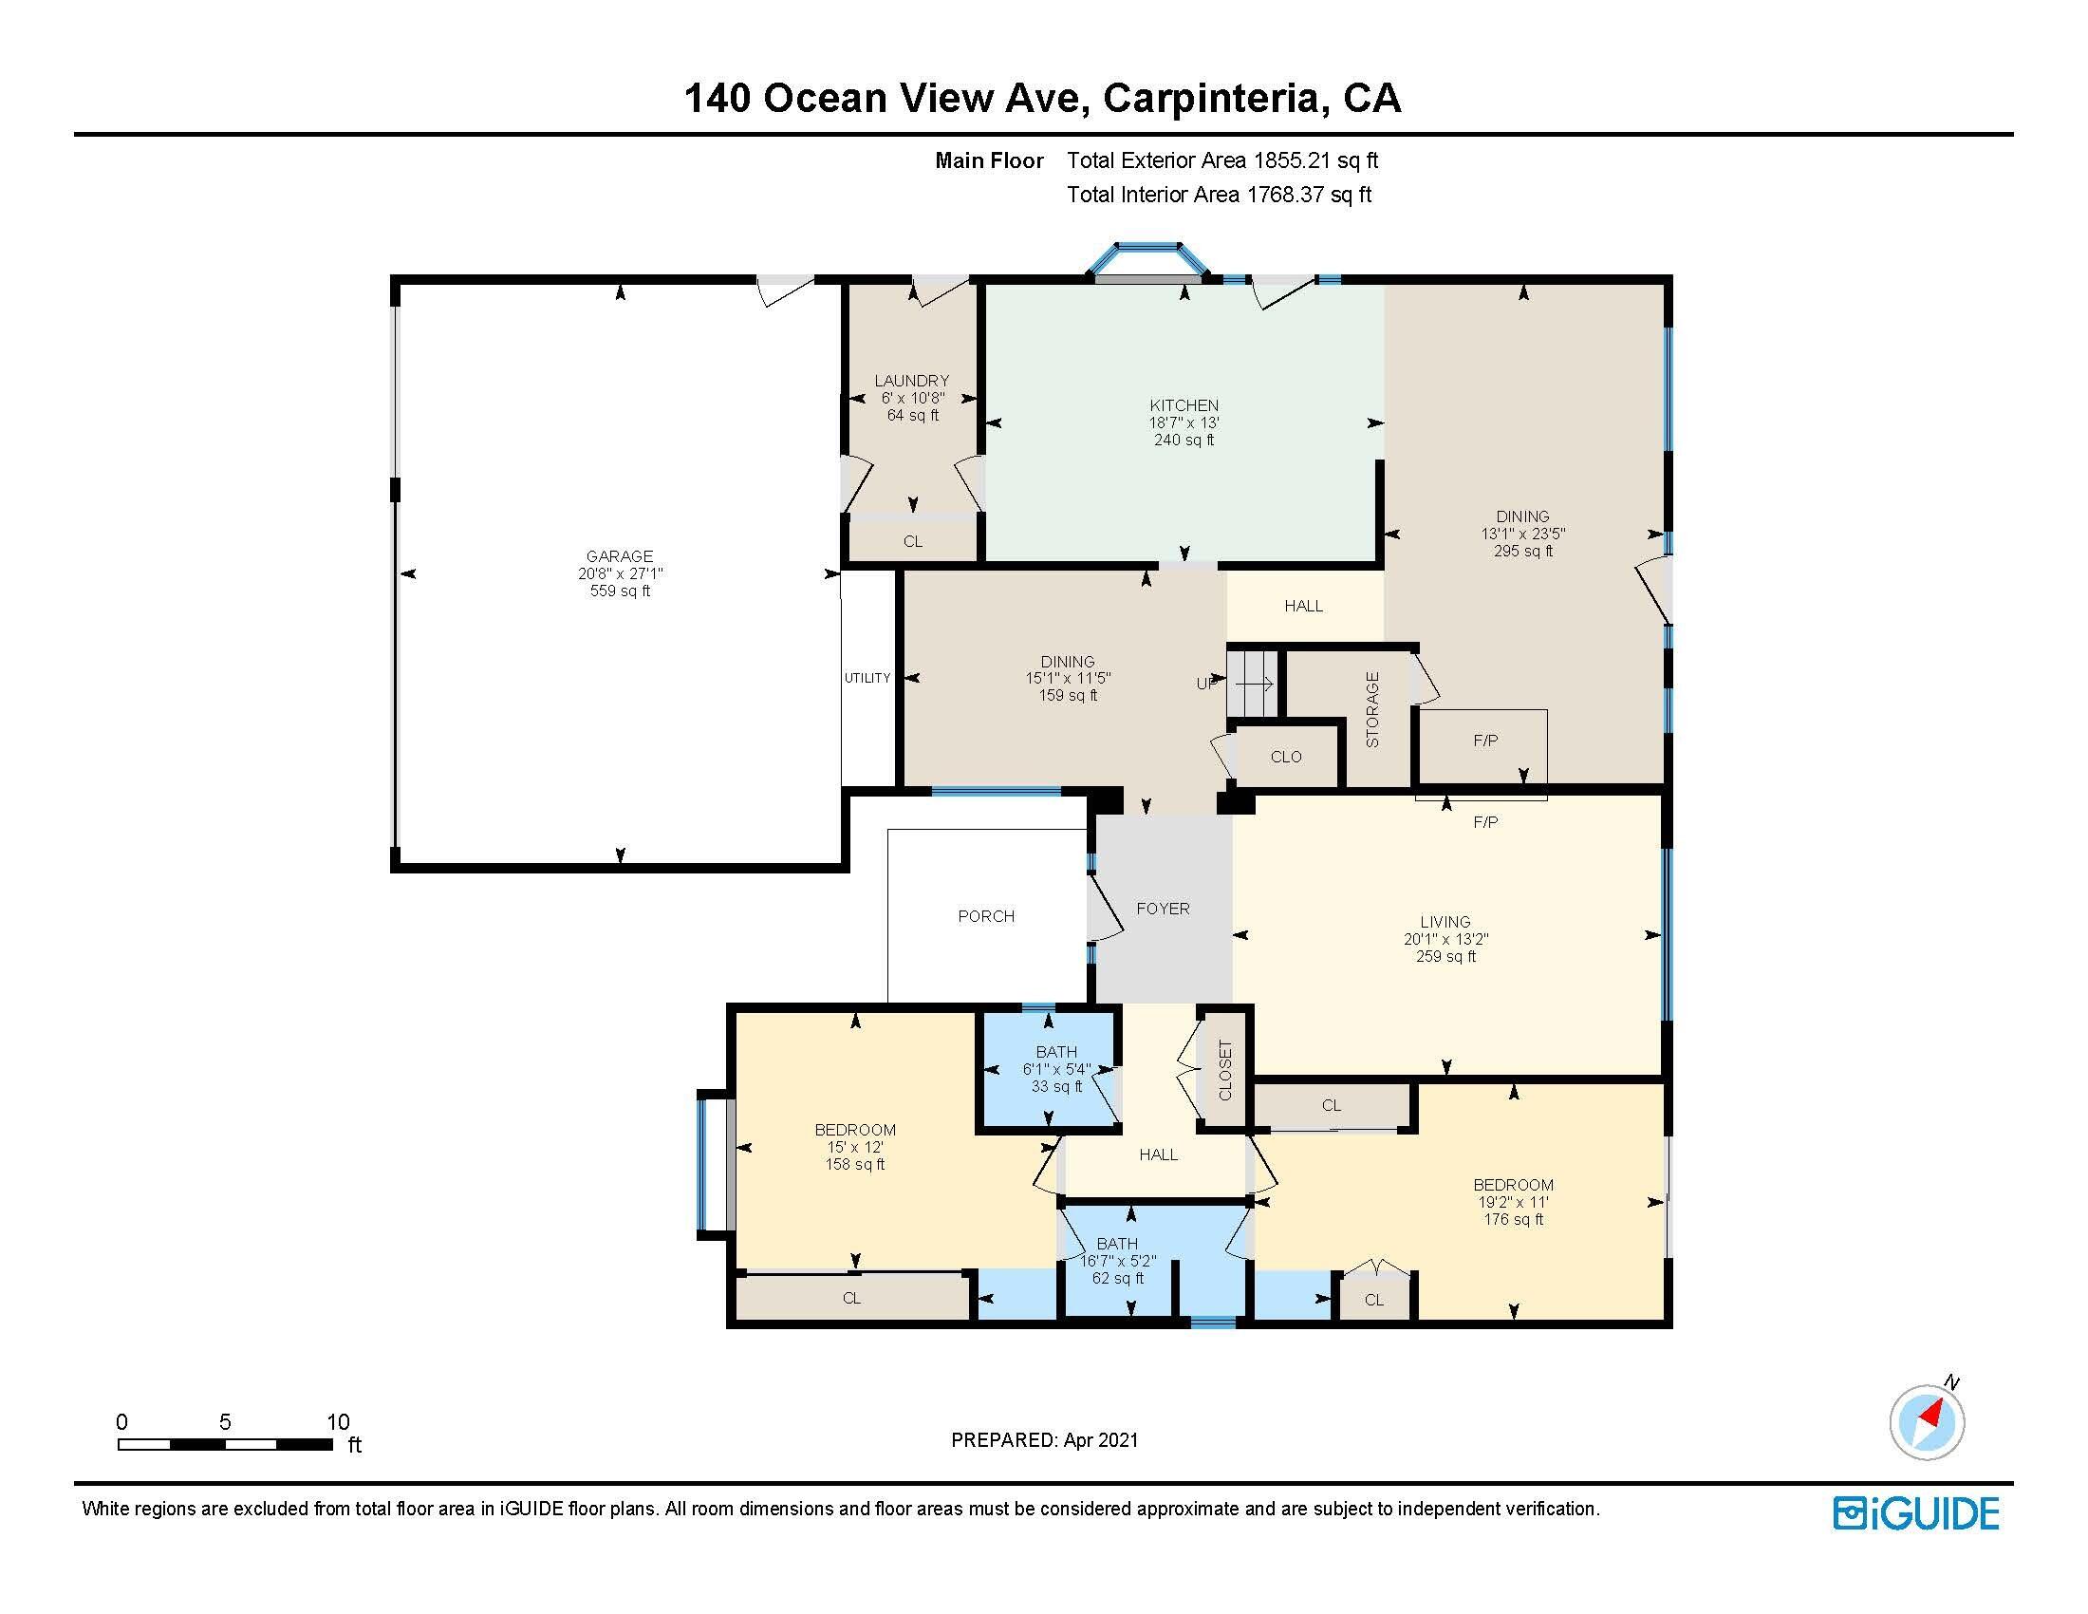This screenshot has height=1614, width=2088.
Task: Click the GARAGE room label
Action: pyautogui.click(x=620, y=556)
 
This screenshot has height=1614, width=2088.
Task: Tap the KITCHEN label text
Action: pyautogui.click(x=1184, y=405)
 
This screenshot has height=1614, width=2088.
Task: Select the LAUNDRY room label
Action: pyautogui.click(x=911, y=381)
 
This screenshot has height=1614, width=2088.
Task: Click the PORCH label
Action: pyautogui.click(x=986, y=916)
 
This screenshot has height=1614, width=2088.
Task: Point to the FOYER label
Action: pyautogui.click(x=1163, y=909)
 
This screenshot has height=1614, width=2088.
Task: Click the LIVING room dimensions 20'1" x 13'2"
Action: pyautogui.click(x=1445, y=939)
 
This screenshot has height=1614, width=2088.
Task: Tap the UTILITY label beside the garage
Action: pyautogui.click(x=867, y=678)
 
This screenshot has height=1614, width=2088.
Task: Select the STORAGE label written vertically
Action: pyautogui.click(x=1373, y=709)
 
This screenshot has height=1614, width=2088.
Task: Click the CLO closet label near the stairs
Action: pyautogui.click(x=1286, y=757)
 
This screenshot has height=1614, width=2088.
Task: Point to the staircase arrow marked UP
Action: pyautogui.click(x=1253, y=684)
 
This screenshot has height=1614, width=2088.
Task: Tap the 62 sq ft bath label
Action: pyautogui.click(x=1118, y=1277)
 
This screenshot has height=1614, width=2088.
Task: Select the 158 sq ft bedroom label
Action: pyautogui.click(x=855, y=1165)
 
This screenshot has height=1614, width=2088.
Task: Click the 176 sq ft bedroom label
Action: pyautogui.click(x=1514, y=1219)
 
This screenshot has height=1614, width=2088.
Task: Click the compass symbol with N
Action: pyautogui.click(x=1927, y=1421)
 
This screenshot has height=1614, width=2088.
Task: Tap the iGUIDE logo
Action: pyautogui.click(x=1916, y=1513)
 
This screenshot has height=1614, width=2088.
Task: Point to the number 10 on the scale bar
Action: pyautogui.click(x=338, y=1422)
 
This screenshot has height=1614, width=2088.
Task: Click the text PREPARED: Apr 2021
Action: pyautogui.click(x=1044, y=1440)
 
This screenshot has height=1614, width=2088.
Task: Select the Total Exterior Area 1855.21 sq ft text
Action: pyautogui.click(x=1221, y=160)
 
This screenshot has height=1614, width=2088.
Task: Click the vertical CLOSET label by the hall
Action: pyautogui.click(x=1225, y=1070)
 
